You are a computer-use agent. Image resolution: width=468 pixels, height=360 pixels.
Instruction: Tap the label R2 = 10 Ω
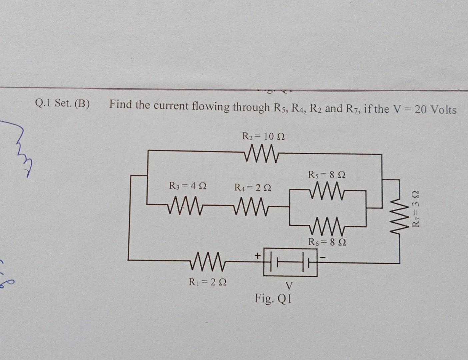coord(263,136)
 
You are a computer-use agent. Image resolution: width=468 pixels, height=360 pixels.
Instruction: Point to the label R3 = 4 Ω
coord(188,186)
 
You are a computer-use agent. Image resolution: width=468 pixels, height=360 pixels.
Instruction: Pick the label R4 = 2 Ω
coord(253,188)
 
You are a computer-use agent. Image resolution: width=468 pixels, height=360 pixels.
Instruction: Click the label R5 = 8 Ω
coord(327,174)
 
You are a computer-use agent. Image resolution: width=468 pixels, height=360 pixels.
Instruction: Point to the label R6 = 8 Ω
coord(327,242)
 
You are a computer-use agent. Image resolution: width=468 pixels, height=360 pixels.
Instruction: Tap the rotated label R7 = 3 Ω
coord(416,209)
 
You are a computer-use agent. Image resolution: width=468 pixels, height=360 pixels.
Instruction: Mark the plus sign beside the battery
coord(257,256)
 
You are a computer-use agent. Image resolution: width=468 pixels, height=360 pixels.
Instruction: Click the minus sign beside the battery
coord(323,257)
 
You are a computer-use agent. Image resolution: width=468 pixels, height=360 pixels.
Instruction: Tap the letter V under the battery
coord(289,286)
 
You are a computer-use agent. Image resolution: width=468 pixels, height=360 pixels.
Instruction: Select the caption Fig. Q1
coord(273,298)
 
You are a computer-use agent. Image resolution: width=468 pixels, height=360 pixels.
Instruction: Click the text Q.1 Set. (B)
coord(62,103)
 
